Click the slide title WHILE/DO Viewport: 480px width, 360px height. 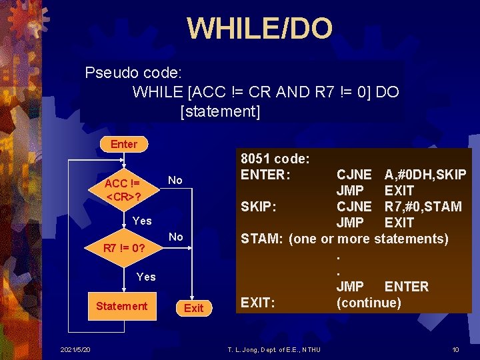259,29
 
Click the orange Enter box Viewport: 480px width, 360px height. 124,144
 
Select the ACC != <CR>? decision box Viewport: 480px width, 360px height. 122,190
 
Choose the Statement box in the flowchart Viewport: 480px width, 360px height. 121,306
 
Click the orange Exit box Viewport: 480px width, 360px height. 193,307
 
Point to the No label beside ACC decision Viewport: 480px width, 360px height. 175,180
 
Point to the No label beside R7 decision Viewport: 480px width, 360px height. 176,237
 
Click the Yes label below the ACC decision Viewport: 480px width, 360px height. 142,221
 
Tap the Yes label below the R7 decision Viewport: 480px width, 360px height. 146,276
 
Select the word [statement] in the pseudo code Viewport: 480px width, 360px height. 220,111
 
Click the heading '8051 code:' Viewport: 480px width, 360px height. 274,159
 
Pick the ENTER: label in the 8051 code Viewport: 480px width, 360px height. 265,175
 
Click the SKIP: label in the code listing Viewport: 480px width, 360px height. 259,207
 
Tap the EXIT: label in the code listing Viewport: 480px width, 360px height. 258,303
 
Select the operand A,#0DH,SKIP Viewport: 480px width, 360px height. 425,175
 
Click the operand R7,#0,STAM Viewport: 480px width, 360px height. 423,207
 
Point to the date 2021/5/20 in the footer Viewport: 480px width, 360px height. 76,350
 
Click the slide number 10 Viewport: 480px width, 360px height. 455,350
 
